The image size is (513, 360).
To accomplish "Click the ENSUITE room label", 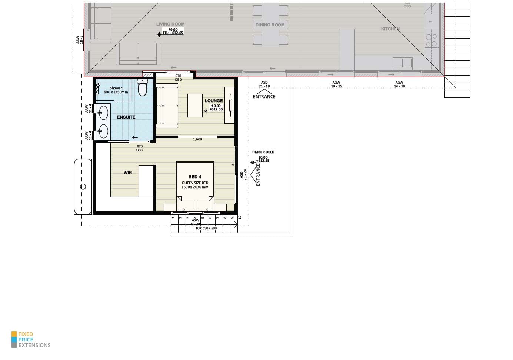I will [126, 117].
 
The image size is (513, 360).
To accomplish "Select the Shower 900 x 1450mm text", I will [116, 90].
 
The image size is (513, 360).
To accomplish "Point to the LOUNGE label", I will [214, 101].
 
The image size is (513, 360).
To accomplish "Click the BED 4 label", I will [195, 177].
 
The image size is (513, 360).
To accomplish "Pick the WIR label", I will [128, 173].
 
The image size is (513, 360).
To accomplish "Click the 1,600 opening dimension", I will [197, 139].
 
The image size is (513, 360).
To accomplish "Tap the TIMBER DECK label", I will [263, 152].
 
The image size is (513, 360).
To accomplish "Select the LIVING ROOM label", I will [170, 24].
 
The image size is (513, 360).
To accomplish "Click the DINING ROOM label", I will [270, 25].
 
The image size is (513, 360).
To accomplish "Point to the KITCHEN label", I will [390, 29].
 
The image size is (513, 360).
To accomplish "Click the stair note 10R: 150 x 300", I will [206, 229].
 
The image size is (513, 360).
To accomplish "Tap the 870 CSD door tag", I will [140, 148].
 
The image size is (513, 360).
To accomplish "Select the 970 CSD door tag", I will [178, 78].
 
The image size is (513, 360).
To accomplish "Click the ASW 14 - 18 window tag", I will [399, 84].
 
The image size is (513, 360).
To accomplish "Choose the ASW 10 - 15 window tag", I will [336, 84].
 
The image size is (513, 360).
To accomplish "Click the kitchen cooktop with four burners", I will [431, 40].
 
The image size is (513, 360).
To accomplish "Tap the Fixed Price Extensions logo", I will [31, 340].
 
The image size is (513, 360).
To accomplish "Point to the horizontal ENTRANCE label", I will [264, 97].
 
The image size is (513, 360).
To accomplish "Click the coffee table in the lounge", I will [195, 106].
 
